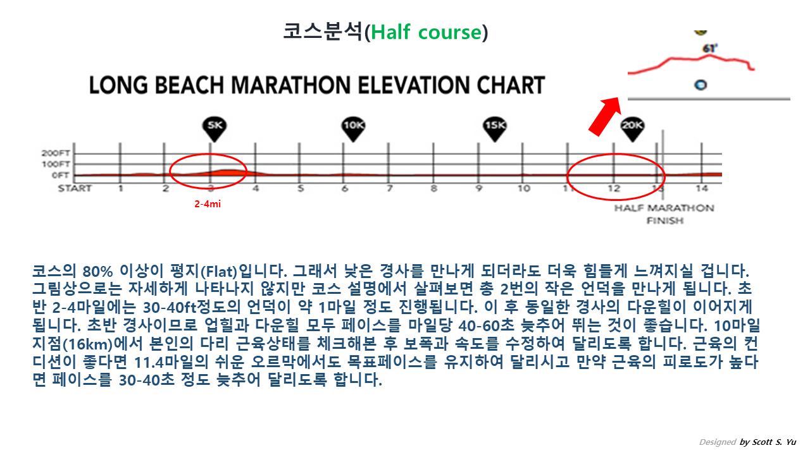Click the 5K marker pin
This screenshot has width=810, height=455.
point(214,127)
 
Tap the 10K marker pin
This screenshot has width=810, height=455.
point(353,127)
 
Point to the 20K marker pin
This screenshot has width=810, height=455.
point(632,127)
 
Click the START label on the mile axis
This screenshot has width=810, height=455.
point(75,188)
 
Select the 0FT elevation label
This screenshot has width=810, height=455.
point(61,175)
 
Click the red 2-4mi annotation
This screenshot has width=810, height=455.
point(208,204)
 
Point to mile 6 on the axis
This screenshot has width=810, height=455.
point(344,188)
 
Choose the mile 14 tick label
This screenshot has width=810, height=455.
point(701,188)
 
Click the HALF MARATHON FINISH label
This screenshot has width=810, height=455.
point(664,214)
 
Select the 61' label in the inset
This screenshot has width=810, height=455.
point(711,48)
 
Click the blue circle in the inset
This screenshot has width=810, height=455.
point(700,85)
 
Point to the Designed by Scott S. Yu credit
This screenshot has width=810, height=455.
point(747,442)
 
